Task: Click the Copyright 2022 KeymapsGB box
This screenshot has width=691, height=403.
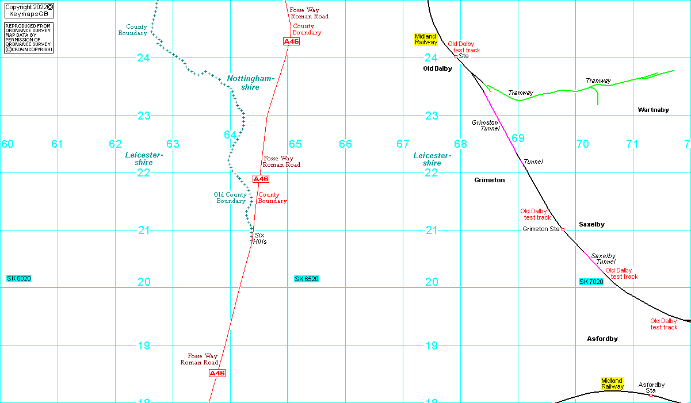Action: pyautogui.click(x=29, y=10)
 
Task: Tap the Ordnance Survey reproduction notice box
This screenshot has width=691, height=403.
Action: pyautogui.click(x=29, y=38)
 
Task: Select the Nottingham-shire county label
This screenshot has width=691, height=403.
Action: pyautogui.click(x=250, y=83)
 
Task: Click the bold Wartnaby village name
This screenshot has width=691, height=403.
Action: pyautogui.click(x=654, y=110)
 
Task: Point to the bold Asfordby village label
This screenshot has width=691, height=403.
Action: pyautogui.click(x=602, y=339)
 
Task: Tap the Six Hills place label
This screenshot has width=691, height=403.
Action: pyautogui.click(x=259, y=239)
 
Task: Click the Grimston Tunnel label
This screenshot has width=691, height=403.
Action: pyautogui.click(x=486, y=125)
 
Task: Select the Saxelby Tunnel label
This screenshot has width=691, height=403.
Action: pyautogui.click(x=604, y=259)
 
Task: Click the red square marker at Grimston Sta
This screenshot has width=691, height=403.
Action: pyautogui.click(x=563, y=230)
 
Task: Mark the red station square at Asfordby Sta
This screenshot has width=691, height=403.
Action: pyautogui.click(x=651, y=396)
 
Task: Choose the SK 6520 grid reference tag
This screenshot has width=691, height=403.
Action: pyautogui.click(x=306, y=279)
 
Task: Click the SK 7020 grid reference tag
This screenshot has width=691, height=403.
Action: pyautogui.click(x=591, y=282)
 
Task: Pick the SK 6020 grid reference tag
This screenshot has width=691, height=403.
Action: pyautogui.click(x=19, y=278)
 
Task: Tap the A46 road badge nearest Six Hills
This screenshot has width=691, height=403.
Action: pyautogui.click(x=261, y=179)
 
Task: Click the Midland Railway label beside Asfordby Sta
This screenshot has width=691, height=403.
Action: pyautogui.click(x=612, y=383)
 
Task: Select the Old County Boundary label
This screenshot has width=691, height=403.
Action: pyautogui.click(x=231, y=198)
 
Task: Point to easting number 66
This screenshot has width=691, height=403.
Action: pyautogui.click(x=345, y=144)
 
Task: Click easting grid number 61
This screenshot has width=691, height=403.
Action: pyautogui.click(x=57, y=144)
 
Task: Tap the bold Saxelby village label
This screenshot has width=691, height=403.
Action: pyautogui.click(x=591, y=224)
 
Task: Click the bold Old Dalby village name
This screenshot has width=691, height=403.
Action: pyautogui.click(x=437, y=69)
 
